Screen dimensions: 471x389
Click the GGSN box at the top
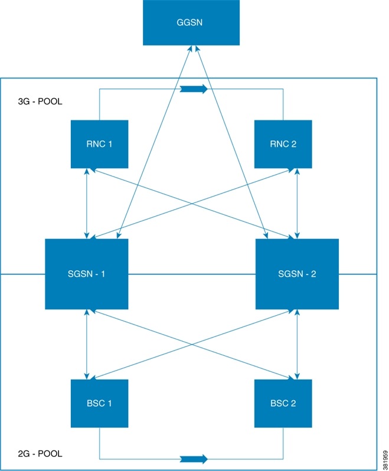pos(191,22)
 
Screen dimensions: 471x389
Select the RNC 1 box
pos(99,144)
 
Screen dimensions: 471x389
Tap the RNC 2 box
pos(283,144)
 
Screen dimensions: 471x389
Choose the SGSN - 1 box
pos(87,274)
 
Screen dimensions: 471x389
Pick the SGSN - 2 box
pos(297,274)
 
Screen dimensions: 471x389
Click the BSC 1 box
pos(99,403)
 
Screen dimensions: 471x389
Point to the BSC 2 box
pos(283,403)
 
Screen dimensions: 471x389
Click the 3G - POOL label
pos(41,102)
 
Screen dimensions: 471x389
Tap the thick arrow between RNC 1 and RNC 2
pos(194,89)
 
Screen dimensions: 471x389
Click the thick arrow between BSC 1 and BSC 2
pos(194,459)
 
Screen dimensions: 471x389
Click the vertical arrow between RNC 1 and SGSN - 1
pos(87,203)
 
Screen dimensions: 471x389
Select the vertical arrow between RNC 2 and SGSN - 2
pos(297,203)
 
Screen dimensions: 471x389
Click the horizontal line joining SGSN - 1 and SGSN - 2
pos(191,274)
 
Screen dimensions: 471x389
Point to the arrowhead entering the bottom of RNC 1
pos(87,171)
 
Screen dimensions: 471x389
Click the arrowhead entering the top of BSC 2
pos(297,376)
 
